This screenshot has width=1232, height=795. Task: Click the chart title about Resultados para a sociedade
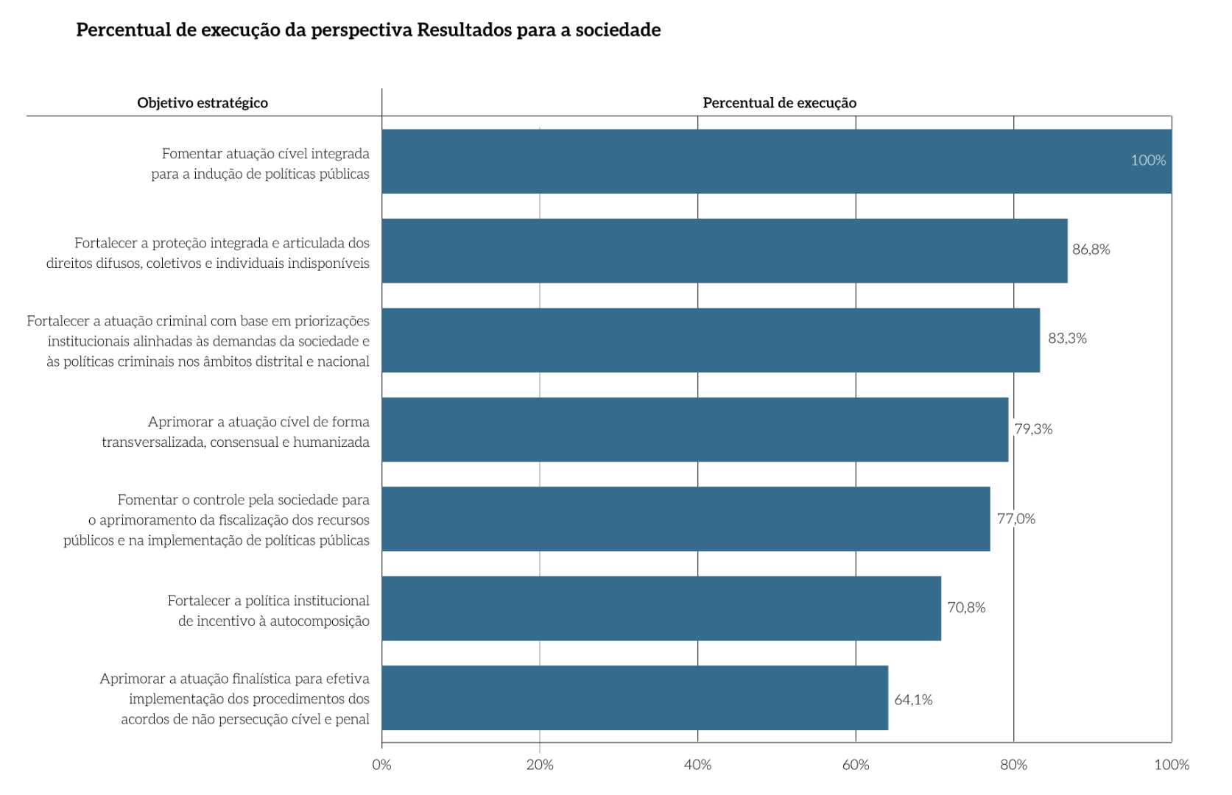pyautogui.click(x=368, y=30)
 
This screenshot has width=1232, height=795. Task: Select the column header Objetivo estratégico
pyautogui.click(x=203, y=103)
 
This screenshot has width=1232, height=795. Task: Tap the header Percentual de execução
pyautogui.click(x=779, y=103)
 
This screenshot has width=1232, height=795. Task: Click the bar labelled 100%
pyautogui.click(x=776, y=161)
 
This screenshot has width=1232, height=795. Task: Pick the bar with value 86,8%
pyautogui.click(x=725, y=250)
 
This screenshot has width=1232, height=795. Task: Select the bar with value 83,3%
pyautogui.click(x=711, y=340)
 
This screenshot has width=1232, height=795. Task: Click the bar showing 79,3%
pyautogui.click(x=695, y=430)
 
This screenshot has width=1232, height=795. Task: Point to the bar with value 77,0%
pyautogui.click(x=686, y=519)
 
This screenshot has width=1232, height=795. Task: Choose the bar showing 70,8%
pyautogui.click(x=661, y=608)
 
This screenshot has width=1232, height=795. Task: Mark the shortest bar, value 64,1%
pyautogui.click(x=635, y=698)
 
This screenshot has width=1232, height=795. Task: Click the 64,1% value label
pyautogui.click(x=913, y=700)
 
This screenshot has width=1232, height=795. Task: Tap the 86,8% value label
pyautogui.click(x=1091, y=250)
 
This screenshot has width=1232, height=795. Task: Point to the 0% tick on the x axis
pyautogui.click(x=381, y=765)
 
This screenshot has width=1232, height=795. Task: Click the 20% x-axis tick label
pyautogui.click(x=540, y=765)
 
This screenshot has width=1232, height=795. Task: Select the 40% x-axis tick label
pyautogui.click(x=697, y=765)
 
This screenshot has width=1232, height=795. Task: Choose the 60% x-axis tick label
pyautogui.click(x=856, y=765)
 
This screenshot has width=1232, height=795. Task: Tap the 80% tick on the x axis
pyautogui.click(x=1013, y=765)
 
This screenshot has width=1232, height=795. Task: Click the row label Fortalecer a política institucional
pyautogui.click(x=268, y=611)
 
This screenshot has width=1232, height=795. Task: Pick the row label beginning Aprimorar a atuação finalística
pyautogui.click(x=235, y=699)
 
